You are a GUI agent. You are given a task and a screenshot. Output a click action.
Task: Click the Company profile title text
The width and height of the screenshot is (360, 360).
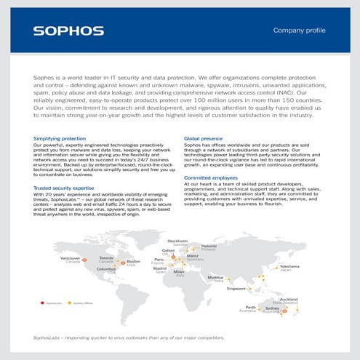pyautogui.click(x=298, y=31)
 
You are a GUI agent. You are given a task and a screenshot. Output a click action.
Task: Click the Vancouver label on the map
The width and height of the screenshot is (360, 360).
pyautogui.click(x=70, y=258)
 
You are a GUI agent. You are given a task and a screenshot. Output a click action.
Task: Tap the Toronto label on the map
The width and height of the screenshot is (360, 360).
pyautogui.click(x=106, y=257)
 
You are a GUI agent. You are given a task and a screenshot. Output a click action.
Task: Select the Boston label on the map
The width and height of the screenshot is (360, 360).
pyautogui.click(x=134, y=261)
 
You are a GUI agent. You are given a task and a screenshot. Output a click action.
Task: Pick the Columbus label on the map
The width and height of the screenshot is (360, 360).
pyautogui.click(x=107, y=269)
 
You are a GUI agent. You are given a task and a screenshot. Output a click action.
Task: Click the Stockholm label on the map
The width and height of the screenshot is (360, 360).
pyautogui.click(x=177, y=241)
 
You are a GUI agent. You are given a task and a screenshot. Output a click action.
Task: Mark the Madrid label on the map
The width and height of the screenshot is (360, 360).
pyautogui.click(x=160, y=268)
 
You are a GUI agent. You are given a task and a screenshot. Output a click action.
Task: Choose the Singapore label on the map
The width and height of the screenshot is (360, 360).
pyautogui.click(x=236, y=288)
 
